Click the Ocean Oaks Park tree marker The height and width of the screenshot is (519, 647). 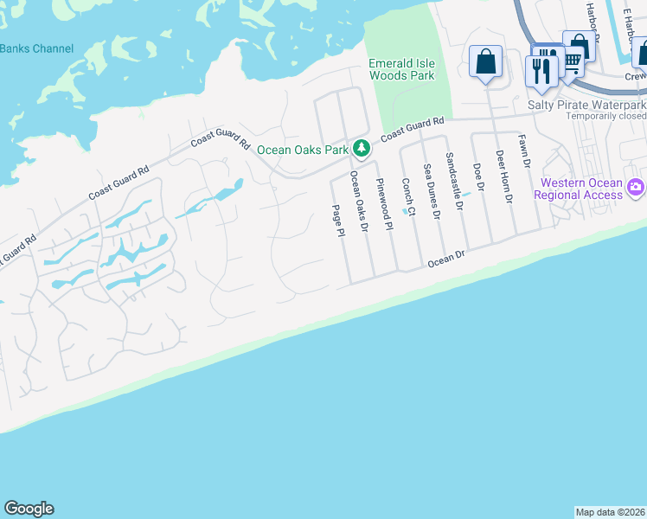[x=362, y=150]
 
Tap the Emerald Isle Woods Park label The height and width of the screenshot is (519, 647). [x=401, y=69]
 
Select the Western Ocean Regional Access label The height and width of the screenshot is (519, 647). [x=579, y=189]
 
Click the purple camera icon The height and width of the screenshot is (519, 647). [x=637, y=187]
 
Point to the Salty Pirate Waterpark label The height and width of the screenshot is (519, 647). [x=587, y=104]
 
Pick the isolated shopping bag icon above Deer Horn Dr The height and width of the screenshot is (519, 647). [x=486, y=61]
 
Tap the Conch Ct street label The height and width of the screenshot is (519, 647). [x=407, y=197]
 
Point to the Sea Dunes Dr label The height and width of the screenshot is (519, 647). [x=431, y=190]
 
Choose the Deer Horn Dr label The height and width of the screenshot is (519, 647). [x=504, y=176]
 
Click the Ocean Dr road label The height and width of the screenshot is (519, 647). [x=446, y=257]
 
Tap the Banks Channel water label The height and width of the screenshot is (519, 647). [x=36, y=48]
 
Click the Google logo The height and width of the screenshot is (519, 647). [x=29, y=509]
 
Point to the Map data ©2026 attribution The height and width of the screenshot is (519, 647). [x=610, y=512]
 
